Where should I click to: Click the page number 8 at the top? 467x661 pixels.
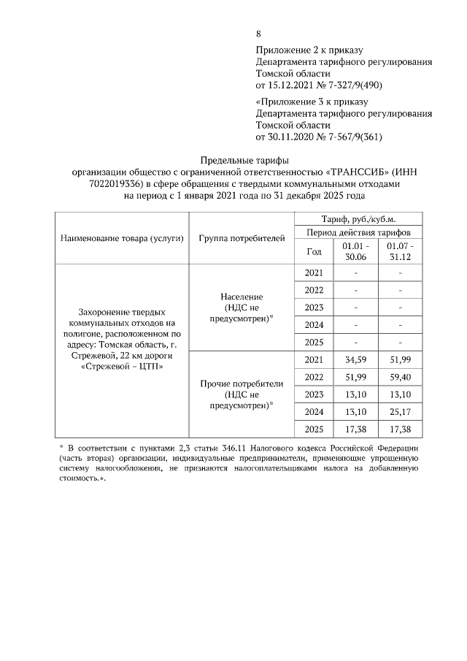tap(259, 34)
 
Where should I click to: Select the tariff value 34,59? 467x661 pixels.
tap(355, 360)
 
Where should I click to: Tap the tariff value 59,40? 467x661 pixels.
tap(401, 378)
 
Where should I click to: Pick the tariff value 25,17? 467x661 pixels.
tap(401, 411)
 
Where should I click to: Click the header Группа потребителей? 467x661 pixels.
tap(241, 238)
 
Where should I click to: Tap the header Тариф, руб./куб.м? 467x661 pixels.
tap(357, 219)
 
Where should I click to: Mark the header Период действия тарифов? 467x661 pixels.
tap(357, 232)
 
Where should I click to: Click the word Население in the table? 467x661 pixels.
tap(241, 297)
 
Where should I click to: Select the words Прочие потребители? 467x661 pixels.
tap(241, 383)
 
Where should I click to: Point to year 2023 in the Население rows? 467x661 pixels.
tap(314, 307)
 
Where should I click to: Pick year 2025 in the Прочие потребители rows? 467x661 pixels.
tap(314, 429)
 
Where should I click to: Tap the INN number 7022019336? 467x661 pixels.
tap(106, 184)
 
